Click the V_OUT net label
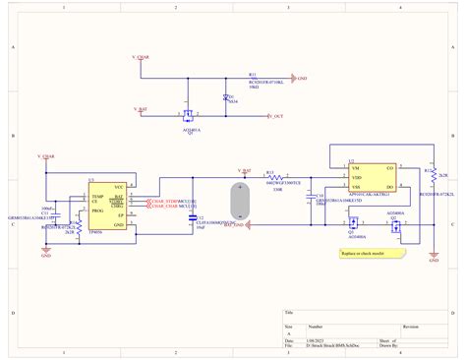point(275,116)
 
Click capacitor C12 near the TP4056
point(193,218)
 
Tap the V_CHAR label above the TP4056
point(46,155)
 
